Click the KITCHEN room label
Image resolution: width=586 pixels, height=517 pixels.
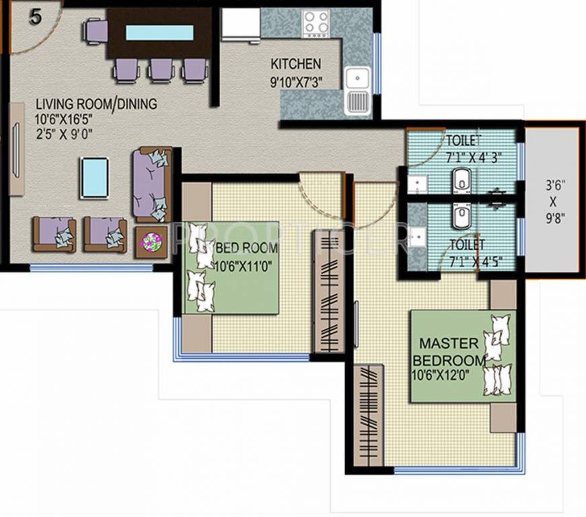[295, 65]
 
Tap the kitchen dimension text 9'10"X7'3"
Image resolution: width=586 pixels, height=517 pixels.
[295, 84]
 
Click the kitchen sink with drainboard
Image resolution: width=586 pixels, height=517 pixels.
[356, 90]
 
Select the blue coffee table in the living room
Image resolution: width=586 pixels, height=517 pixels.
[94, 177]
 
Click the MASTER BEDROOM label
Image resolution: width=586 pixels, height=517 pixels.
[450, 351]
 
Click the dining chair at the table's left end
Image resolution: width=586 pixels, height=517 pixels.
[96, 31]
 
